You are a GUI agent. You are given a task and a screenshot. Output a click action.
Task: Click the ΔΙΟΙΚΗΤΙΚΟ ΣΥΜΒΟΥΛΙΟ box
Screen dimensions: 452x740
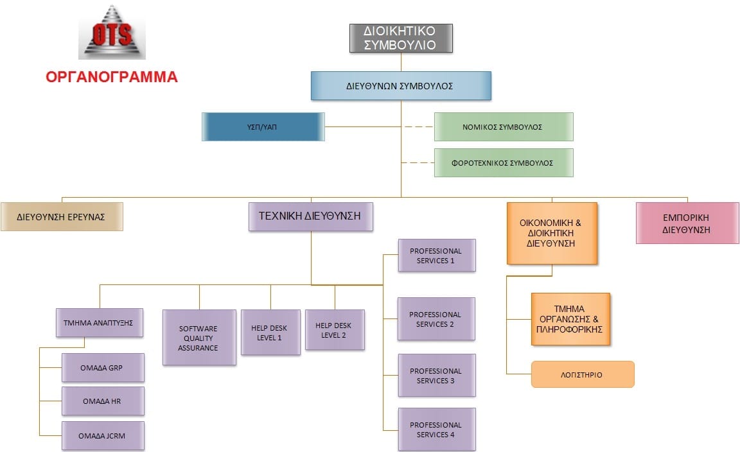coord(401,38)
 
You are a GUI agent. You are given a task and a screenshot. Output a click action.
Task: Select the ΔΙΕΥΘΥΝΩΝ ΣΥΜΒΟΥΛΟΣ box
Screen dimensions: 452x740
coord(401,86)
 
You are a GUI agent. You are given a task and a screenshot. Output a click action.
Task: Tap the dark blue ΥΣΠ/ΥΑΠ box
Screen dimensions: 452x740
coord(263,126)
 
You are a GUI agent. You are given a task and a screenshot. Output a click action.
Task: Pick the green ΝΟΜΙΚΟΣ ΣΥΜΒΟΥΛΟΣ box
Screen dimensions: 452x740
coord(503,126)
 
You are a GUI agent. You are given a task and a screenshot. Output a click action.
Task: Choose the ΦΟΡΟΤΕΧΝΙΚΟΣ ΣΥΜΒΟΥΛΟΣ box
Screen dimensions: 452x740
coord(503,163)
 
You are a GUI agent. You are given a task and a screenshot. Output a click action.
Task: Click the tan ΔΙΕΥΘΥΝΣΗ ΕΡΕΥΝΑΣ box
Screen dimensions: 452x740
coord(62,216)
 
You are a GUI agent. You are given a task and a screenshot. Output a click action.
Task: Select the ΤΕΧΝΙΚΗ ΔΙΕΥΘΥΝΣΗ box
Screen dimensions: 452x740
coord(311,216)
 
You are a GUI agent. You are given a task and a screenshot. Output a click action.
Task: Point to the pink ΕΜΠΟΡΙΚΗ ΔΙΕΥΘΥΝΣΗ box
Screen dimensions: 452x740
coord(687,223)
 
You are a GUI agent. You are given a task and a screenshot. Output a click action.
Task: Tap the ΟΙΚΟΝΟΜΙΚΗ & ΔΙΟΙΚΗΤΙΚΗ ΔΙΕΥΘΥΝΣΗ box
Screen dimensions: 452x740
coord(551,233)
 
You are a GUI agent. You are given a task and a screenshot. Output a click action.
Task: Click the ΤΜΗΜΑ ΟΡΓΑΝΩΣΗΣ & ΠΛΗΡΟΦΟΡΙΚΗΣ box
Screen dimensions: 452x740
coord(570,319)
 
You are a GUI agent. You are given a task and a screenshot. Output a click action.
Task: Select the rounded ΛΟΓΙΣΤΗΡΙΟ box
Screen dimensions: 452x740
coord(583,374)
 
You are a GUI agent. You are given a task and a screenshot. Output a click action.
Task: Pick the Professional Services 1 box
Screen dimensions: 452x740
coord(436,256)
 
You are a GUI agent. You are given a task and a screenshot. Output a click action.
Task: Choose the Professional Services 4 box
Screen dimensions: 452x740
coord(436,430)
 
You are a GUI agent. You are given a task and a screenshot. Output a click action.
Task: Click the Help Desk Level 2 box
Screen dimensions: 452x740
coord(335,330)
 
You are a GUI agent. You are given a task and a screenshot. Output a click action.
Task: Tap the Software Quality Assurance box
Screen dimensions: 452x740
coord(199,338)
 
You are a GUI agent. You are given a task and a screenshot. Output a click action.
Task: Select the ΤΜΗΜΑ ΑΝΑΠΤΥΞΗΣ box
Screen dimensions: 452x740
coord(99,323)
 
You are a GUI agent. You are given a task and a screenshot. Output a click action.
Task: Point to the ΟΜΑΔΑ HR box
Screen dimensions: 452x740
coord(103,401)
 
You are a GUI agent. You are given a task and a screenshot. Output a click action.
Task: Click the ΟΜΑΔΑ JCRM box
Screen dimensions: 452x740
coord(103,435)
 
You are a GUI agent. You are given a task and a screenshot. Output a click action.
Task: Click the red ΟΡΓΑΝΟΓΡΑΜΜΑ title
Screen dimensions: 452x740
coord(111,77)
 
